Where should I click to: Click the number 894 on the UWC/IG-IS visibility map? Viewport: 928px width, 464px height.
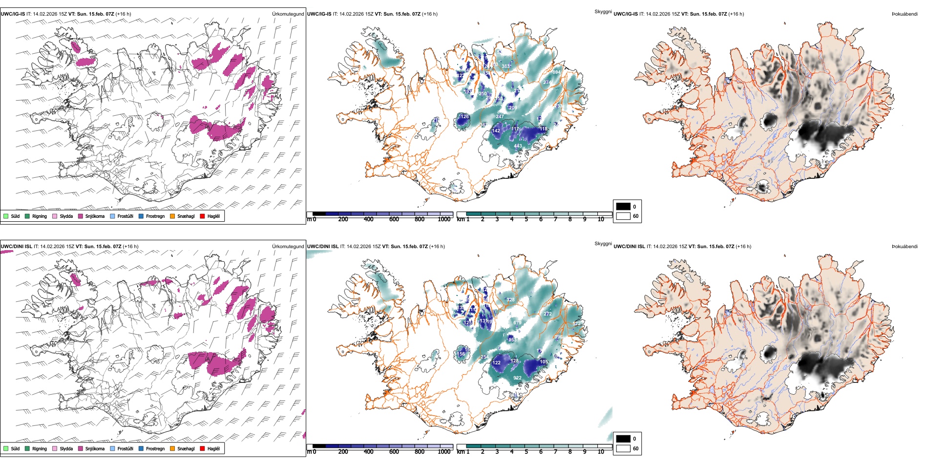click(556, 72)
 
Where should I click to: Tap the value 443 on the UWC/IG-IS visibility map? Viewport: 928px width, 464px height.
click(518, 146)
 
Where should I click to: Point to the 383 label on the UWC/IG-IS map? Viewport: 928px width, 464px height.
click(506, 66)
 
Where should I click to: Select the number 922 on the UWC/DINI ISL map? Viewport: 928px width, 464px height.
click(517, 378)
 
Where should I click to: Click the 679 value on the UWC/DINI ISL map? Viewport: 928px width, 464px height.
click(517, 323)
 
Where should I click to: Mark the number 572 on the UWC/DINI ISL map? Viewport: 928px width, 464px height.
click(576, 324)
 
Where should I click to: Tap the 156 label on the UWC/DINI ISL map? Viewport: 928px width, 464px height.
click(461, 354)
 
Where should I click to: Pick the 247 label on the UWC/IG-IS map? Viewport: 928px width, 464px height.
click(500, 117)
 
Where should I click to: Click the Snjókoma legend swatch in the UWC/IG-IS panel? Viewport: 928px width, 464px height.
click(81, 216)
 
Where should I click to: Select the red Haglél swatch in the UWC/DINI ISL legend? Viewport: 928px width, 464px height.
click(203, 448)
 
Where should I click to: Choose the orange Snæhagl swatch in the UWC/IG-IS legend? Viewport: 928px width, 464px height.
click(172, 216)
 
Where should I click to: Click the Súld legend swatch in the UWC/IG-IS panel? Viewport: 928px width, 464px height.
click(6, 216)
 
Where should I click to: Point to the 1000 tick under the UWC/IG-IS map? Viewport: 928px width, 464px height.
click(444, 220)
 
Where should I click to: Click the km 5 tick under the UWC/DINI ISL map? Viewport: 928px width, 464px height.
click(527, 452)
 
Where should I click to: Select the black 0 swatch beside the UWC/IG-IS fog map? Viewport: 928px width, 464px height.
click(623, 206)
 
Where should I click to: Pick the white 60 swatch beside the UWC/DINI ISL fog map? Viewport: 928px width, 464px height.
click(623, 448)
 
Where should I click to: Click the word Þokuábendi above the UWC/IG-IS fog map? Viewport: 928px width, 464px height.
click(905, 14)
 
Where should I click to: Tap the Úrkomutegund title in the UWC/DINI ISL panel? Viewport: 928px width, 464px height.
click(288, 247)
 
